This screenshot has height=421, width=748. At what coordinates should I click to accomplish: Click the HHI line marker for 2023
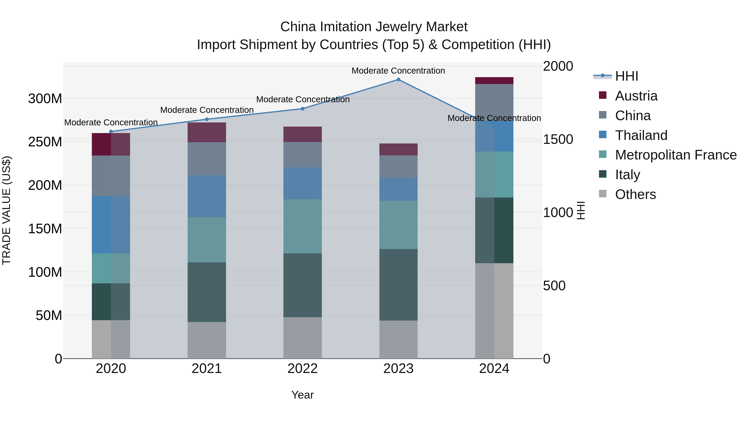point(398,80)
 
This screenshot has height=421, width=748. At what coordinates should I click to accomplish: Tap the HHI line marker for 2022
point(302,109)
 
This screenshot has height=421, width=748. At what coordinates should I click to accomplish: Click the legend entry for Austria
point(636,96)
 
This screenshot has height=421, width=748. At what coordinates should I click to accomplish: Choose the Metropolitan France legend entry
point(676,155)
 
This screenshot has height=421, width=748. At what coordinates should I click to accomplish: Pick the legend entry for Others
point(635,194)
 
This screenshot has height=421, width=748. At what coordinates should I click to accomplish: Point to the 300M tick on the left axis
point(45,99)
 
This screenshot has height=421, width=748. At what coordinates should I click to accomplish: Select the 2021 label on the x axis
point(207,369)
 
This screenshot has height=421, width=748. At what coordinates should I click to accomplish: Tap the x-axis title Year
point(302,395)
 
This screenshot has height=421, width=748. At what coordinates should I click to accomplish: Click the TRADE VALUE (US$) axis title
point(6,210)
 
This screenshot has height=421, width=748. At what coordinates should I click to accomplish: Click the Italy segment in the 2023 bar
point(398,285)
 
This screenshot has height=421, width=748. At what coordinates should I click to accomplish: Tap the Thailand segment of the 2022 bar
point(302,183)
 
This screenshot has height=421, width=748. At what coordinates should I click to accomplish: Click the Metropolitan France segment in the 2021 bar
point(207,240)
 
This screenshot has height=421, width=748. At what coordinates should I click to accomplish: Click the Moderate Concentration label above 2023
point(398,71)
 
